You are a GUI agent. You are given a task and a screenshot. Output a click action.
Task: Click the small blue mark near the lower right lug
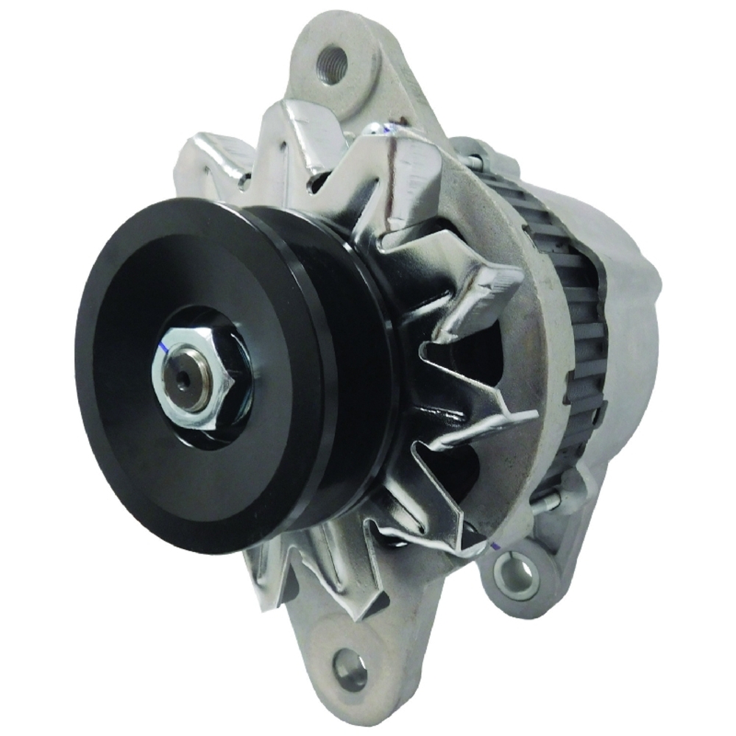pyautogui.click(x=495, y=545)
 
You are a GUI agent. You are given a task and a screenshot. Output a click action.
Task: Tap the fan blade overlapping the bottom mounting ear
pyautogui.click(x=324, y=589)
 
